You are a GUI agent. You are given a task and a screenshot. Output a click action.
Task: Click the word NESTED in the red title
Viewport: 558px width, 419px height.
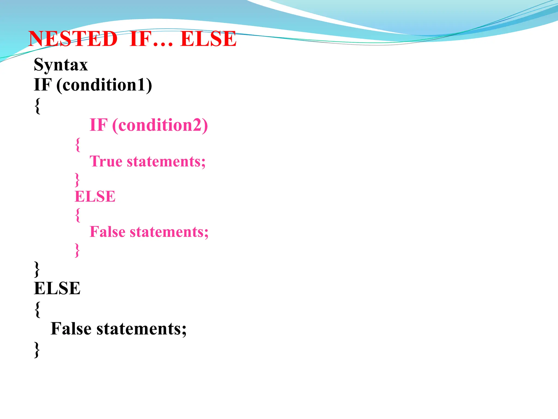coord(73,39)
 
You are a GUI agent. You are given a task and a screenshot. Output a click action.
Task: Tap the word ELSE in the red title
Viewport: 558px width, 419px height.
coord(208,39)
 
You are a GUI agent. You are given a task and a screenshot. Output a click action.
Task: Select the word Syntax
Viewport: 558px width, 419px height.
coord(61,65)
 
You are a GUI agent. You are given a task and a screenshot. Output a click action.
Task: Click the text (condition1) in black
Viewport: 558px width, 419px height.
coord(104,85)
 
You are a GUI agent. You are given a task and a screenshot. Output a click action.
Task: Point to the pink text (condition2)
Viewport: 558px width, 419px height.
coord(160,125)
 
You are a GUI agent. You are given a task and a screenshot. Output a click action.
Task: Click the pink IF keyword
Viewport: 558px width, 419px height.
coord(99,125)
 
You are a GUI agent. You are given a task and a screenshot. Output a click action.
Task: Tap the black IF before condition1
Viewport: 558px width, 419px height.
coord(43,85)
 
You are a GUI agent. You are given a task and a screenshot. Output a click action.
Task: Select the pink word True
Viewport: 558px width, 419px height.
coord(106,161)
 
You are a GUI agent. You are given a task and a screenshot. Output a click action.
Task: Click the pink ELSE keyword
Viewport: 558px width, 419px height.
coord(95,196)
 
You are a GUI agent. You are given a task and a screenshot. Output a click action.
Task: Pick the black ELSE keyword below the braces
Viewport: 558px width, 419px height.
coord(57,288)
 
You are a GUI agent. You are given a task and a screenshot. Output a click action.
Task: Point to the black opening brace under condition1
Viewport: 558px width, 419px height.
coord(38,106)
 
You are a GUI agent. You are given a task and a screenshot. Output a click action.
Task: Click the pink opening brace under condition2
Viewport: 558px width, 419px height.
coord(78,144)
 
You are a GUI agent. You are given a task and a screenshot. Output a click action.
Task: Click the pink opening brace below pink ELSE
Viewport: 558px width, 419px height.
coord(78,215)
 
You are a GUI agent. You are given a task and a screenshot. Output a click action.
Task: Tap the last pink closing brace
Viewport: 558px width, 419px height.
coord(77,250)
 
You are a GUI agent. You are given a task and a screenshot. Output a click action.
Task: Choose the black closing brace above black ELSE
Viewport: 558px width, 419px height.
coord(37,269)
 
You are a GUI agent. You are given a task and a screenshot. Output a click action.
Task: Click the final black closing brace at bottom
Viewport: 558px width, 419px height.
coord(37,349)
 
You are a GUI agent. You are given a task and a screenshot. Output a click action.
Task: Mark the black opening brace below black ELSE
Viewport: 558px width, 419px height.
coord(38,309)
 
